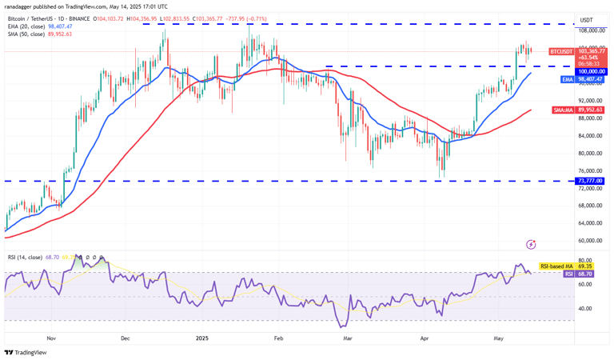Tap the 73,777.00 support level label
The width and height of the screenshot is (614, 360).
point(590,181)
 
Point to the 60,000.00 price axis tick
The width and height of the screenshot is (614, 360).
point(590,241)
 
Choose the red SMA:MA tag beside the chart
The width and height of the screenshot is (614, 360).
point(563,110)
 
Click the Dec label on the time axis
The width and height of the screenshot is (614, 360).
point(125,338)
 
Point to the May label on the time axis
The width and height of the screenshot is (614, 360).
point(499,338)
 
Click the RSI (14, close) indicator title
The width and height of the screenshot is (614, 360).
point(25,257)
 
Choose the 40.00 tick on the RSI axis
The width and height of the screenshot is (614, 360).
point(587,309)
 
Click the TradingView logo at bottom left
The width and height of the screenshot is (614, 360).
point(25,352)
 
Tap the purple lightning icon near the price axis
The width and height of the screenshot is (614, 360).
point(531,243)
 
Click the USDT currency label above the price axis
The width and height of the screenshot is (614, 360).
point(586,20)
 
